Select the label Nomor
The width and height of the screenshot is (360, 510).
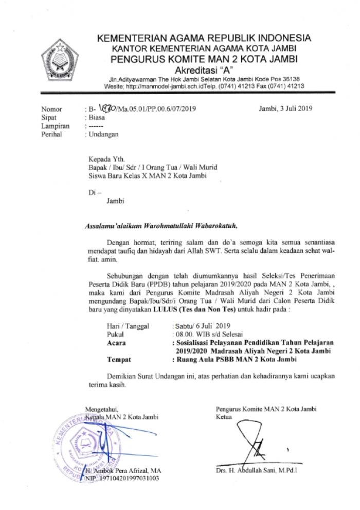(x=51, y=109)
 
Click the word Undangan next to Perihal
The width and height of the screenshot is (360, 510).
(x=103, y=134)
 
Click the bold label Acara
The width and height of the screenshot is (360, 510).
(x=116, y=342)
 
